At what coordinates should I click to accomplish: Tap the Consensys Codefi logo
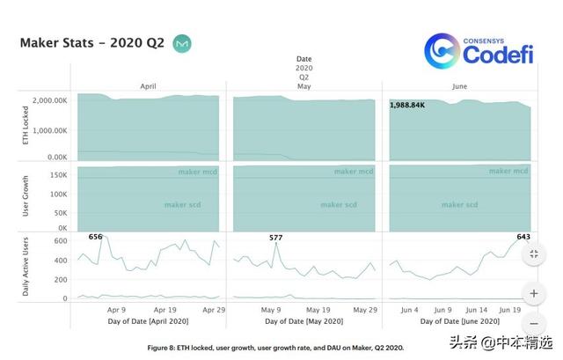pos(480,51)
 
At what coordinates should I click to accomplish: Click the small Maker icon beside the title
pos(182,43)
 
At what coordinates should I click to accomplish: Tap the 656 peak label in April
pos(96,237)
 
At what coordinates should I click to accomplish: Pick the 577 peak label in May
pos(275,238)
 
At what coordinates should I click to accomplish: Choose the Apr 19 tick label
pos(165,310)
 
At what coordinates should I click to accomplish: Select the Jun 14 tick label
pos(476,310)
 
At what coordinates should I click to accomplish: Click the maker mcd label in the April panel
pos(198,172)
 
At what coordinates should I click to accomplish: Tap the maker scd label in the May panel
pos(338,205)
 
